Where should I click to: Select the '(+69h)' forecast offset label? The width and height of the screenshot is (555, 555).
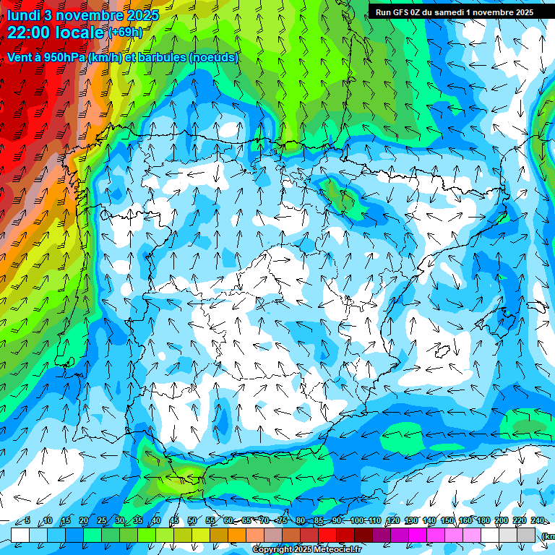[126, 33]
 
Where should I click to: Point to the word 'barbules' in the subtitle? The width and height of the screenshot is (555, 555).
[160, 57]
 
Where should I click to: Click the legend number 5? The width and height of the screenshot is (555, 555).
[27, 521]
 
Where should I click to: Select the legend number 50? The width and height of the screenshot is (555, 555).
[192, 521]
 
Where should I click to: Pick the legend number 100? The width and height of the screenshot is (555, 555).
[357, 521]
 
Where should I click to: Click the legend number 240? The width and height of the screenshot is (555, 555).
[538, 521]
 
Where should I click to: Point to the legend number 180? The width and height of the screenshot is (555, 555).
[483, 521]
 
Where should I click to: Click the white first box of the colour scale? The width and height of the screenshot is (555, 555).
[20, 534]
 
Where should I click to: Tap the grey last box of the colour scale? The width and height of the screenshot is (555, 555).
[527, 534]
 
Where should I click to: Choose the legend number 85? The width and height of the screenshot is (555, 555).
[319, 521]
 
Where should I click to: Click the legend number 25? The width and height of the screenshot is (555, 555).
[102, 521]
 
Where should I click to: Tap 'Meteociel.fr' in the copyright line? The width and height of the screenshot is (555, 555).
[336, 550]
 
